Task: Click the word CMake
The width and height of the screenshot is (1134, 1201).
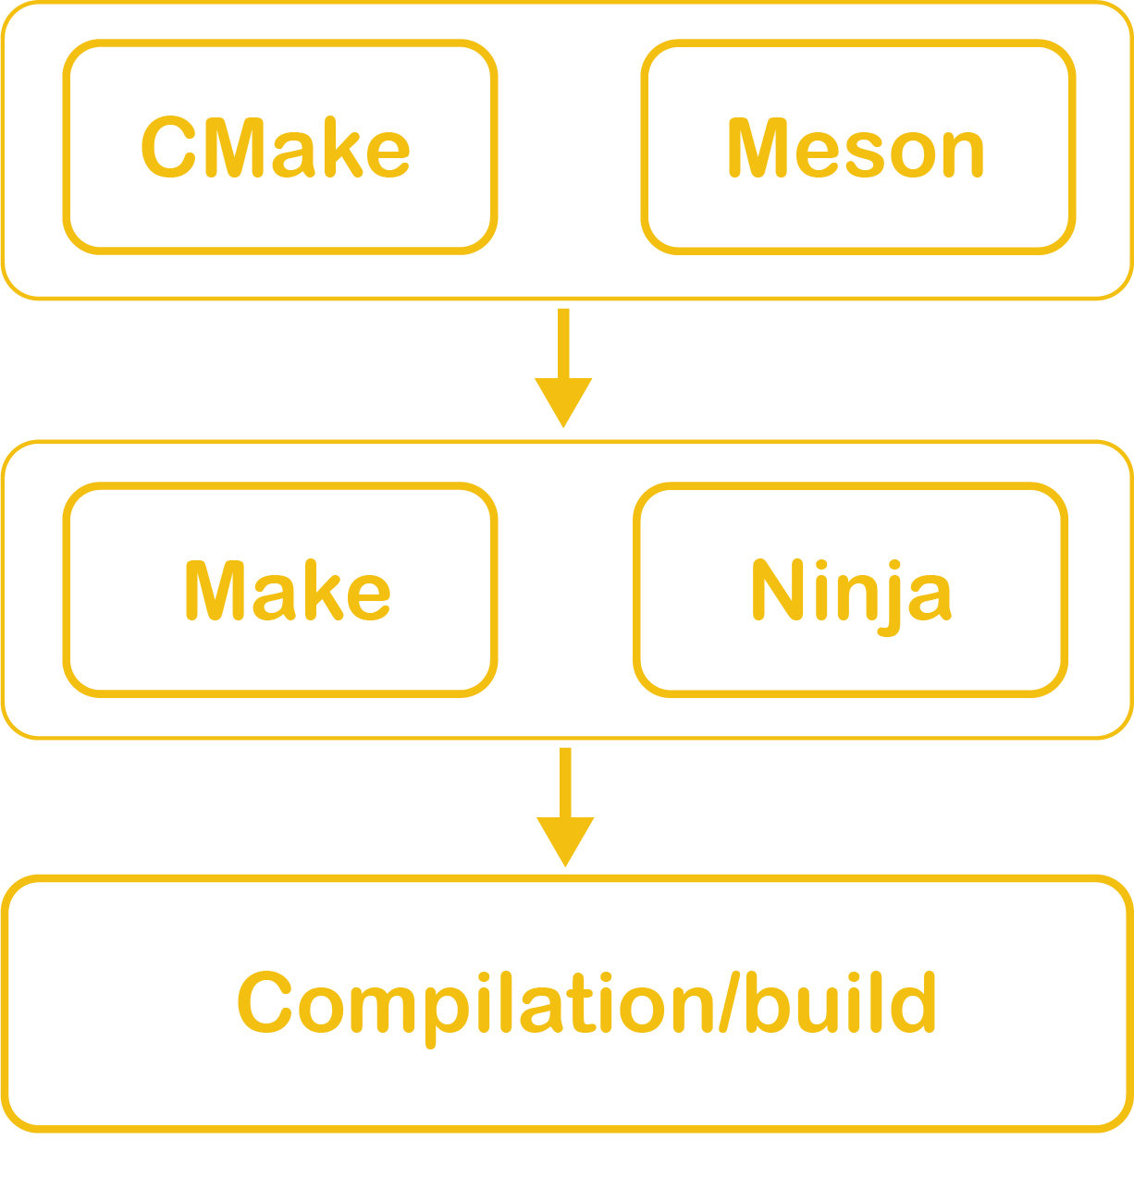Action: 276,148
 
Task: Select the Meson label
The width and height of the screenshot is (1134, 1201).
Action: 856,148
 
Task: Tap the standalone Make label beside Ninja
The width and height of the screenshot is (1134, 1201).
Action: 287,591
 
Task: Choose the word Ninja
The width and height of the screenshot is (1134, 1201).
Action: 850,591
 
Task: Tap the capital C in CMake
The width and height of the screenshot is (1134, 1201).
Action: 167,148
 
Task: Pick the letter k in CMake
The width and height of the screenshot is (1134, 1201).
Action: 341,148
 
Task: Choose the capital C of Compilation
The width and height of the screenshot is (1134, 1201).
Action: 265,1004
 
